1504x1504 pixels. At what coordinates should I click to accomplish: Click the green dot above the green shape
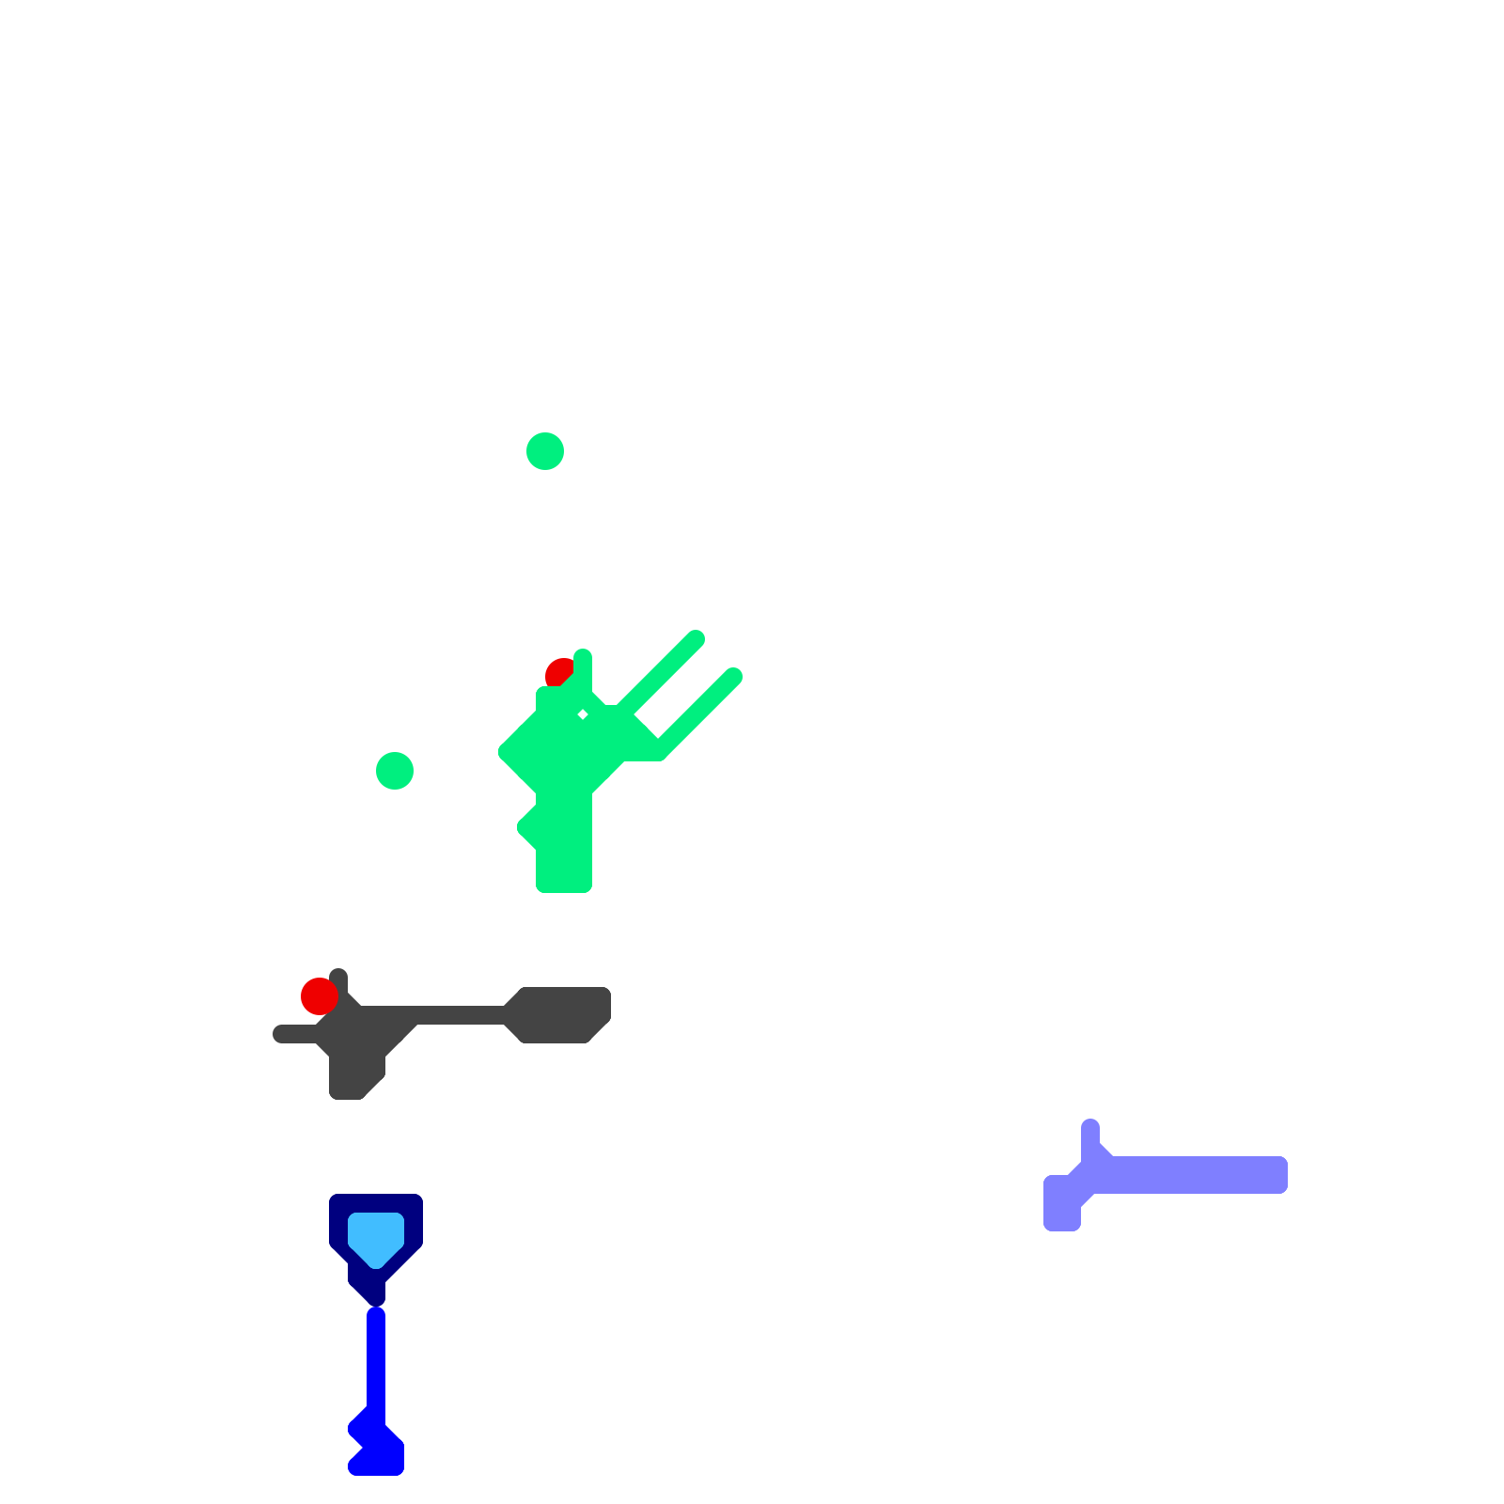click(545, 451)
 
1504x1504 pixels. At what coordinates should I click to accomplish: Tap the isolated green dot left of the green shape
click(395, 771)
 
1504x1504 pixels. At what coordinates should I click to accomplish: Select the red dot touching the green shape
click(558, 672)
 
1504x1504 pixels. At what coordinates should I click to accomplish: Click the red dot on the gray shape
click(319, 996)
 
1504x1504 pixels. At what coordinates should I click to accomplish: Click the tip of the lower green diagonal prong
click(733, 677)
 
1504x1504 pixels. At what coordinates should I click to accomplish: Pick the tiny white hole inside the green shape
click(583, 715)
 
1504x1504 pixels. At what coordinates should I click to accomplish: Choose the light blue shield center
click(376, 1236)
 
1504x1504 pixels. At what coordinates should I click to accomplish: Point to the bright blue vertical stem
click(376, 1363)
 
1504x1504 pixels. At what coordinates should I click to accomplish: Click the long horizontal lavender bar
click(1194, 1175)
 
